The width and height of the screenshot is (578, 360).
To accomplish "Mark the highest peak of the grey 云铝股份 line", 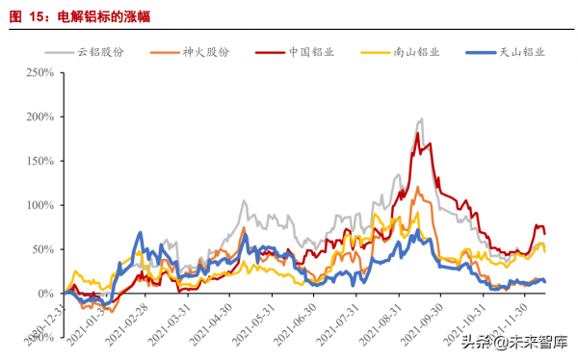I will (421, 119).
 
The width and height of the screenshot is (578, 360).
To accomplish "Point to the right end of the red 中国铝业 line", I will (545, 234).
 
